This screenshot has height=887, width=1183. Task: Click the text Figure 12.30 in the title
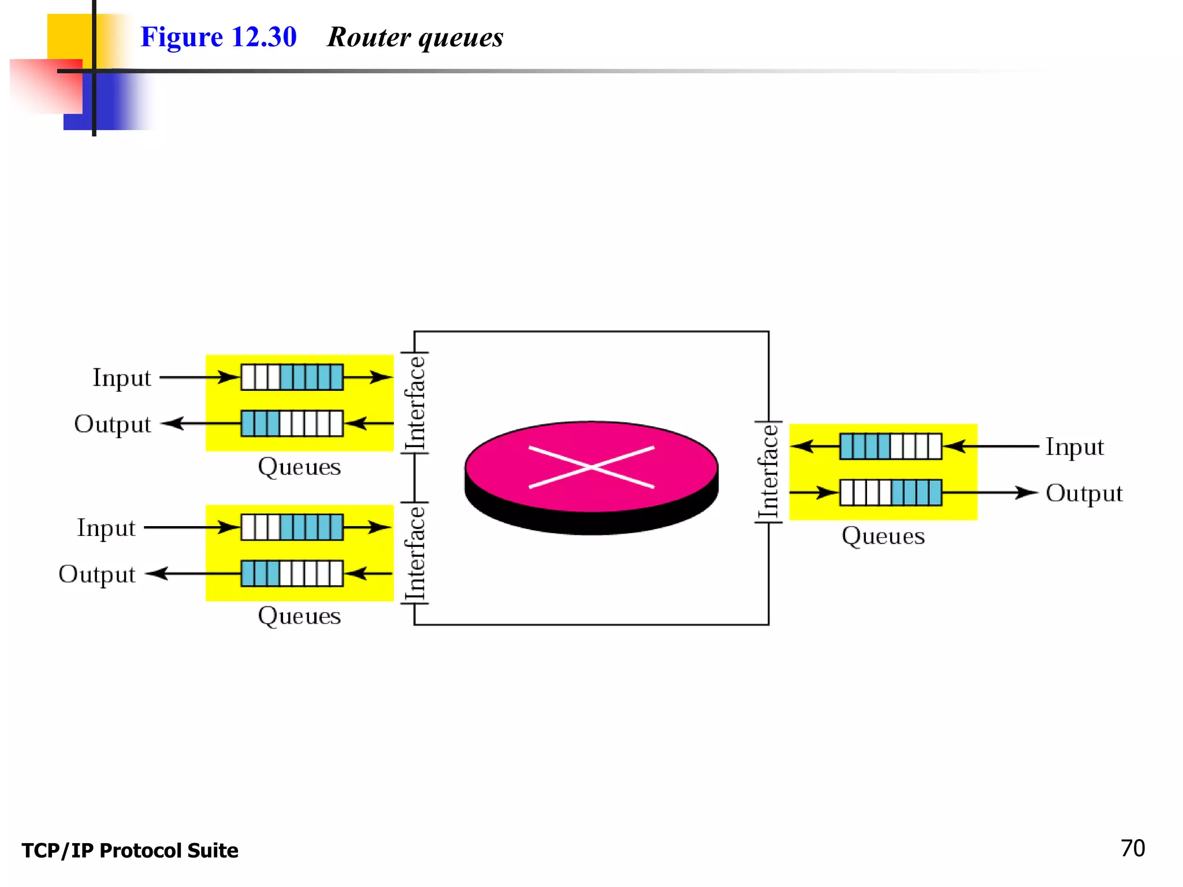click(218, 37)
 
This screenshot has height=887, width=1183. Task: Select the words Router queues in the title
click(415, 38)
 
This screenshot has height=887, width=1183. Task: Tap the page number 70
click(1132, 848)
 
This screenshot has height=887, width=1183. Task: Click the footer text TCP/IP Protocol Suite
click(130, 851)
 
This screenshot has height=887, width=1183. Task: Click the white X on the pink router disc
click(591, 467)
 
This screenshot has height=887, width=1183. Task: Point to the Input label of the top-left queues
click(122, 378)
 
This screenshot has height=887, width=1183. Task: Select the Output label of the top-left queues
click(113, 424)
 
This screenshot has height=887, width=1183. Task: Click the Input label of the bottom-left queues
click(106, 528)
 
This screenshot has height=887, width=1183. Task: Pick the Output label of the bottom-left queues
click(97, 574)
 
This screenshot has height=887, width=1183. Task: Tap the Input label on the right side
click(1074, 447)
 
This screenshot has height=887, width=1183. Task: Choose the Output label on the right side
click(1084, 493)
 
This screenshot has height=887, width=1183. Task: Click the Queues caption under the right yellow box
click(883, 536)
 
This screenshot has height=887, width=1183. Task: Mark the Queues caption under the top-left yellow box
click(299, 467)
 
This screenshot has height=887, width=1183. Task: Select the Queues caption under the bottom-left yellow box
click(299, 616)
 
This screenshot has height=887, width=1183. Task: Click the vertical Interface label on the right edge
click(769, 472)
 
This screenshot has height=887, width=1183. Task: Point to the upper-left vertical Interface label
click(415, 402)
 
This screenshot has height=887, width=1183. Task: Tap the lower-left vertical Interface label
click(415, 553)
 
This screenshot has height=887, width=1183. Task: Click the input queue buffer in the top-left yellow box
click(292, 377)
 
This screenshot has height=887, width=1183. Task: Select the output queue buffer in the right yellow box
click(890, 493)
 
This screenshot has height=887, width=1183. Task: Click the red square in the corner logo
click(46, 85)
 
